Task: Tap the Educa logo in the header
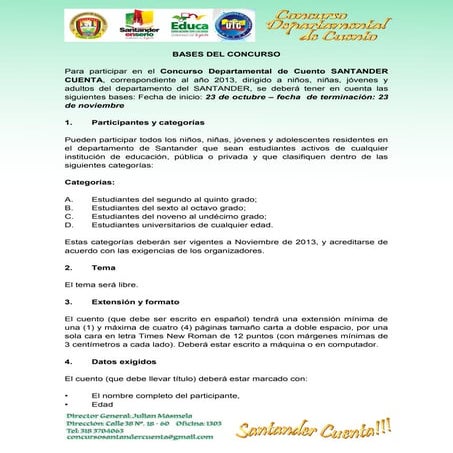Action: point(189,24)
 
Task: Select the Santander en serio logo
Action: point(139,25)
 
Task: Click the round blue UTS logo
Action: point(234,24)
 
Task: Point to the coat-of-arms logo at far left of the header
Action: point(87,25)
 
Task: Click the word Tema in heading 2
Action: point(103,268)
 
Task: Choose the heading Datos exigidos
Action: point(127,360)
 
